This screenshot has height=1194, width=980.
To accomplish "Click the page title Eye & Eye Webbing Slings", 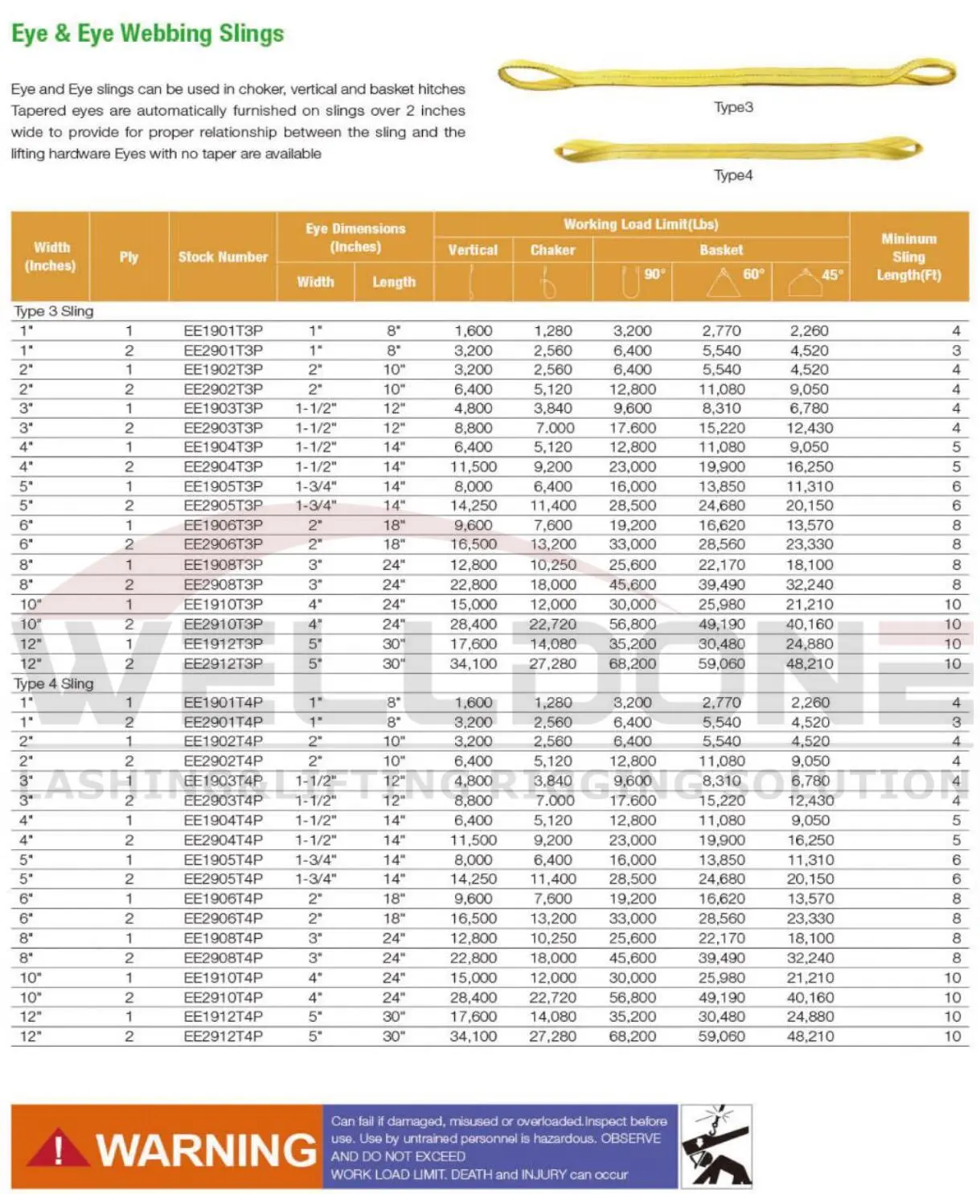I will (x=148, y=34).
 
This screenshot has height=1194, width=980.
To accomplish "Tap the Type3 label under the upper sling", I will (x=733, y=108).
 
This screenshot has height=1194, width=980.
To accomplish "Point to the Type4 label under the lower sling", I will (x=733, y=175).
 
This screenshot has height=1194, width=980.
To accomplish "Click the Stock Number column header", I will (x=223, y=257).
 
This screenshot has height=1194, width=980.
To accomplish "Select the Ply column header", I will (x=129, y=257).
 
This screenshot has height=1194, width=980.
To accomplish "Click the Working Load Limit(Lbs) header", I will (x=641, y=224).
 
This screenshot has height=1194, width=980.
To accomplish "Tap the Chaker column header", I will (x=552, y=250).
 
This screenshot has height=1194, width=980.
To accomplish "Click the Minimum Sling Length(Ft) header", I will (x=908, y=257).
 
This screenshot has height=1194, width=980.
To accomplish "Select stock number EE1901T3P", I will (x=223, y=330).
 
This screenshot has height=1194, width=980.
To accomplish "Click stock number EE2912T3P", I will (x=223, y=664).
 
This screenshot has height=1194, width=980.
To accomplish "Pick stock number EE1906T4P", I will (x=223, y=899).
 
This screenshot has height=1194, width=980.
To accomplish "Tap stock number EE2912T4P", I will (x=223, y=1036).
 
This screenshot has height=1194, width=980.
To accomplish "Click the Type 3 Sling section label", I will (x=54, y=311).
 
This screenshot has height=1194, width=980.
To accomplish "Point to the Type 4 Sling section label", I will (x=54, y=683).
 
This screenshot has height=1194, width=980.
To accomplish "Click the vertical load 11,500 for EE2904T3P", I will (x=474, y=467).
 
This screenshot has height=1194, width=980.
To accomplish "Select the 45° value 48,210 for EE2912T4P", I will (x=810, y=1036).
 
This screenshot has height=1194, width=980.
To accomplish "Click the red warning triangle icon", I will (x=58, y=1149).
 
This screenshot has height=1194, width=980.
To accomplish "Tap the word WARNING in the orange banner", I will (x=207, y=1150).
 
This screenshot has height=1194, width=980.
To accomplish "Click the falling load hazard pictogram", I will (x=716, y=1147).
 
